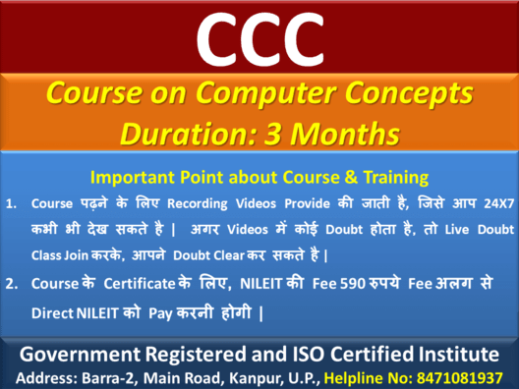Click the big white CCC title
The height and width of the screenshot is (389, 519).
click(x=259, y=35)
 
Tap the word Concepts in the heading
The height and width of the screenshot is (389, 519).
click(x=412, y=95)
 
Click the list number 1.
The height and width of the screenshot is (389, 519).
click(x=12, y=205)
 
